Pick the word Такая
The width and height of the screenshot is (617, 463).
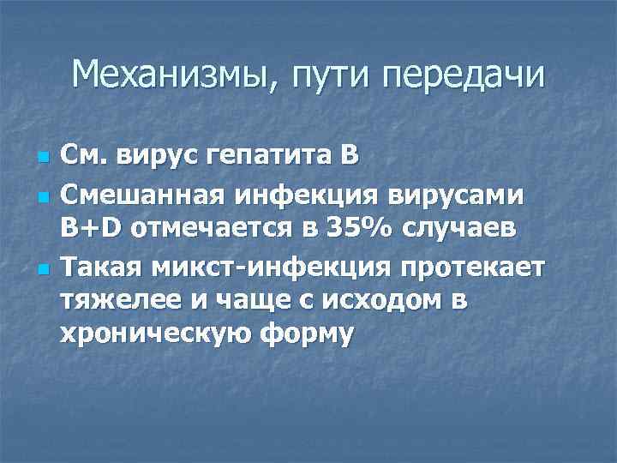(x=98, y=268)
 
